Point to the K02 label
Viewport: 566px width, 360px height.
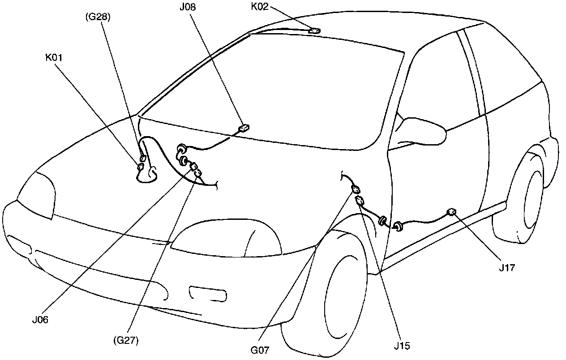coord(261,7)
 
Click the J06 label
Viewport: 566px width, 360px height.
coord(40,320)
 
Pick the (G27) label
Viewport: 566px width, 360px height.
coord(125,340)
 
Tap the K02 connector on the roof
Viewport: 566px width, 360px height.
coord(315,31)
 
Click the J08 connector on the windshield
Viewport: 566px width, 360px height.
coord(244,128)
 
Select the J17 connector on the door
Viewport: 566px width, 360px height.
coord(452,212)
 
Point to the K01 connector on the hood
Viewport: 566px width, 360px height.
coord(140,167)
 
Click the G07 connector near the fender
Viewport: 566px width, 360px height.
coord(356,189)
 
